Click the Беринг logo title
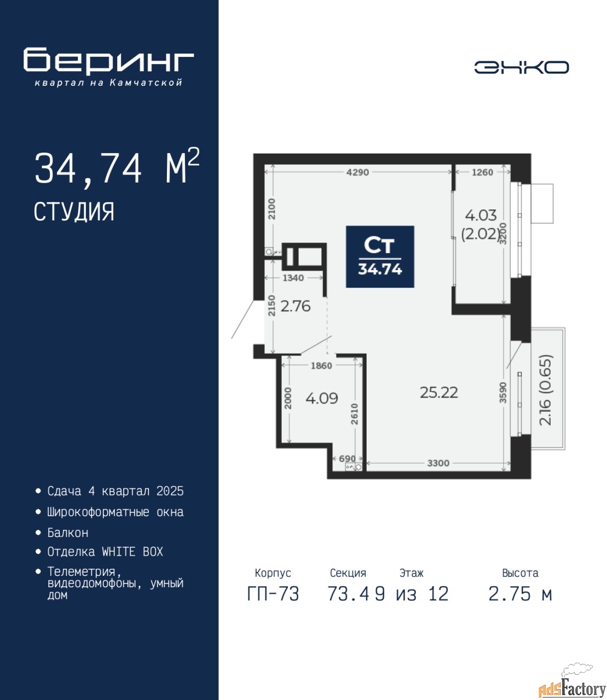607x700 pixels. click(x=108, y=61)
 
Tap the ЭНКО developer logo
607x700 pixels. click(x=521, y=67)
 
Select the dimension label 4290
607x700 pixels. click(x=357, y=172)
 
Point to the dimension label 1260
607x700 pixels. click(x=482, y=172)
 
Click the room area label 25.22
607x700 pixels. click(x=439, y=393)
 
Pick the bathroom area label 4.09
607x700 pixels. click(x=322, y=398)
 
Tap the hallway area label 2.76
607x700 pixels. click(x=296, y=306)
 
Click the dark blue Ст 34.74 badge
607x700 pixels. click(x=380, y=256)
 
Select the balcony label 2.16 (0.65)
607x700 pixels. click(x=546, y=390)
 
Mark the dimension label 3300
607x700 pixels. click(x=438, y=463)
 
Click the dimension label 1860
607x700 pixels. click(x=321, y=366)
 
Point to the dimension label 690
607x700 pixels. click(x=348, y=458)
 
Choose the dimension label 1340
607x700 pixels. click(x=293, y=278)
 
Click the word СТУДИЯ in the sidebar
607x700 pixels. click(x=74, y=212)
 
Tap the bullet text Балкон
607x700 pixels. click(x=68, y=533)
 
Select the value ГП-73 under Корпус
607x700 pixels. click(x=273, y=594)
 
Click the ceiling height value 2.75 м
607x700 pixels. click(x=520, y=594)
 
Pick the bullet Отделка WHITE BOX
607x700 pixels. click(x=105, y=552)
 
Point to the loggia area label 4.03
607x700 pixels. click(x=481, y=215)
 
